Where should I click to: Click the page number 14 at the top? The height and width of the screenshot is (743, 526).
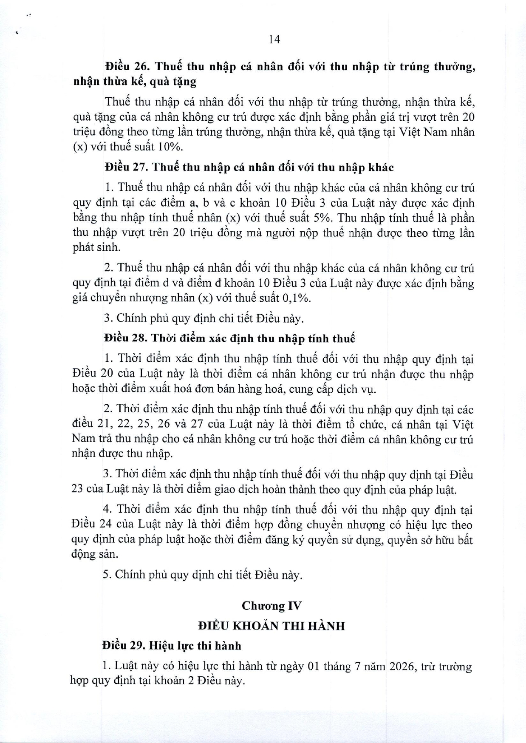point(274,40)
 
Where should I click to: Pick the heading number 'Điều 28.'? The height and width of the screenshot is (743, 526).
point(125,339)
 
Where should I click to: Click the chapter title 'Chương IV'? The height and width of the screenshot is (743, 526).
point(271,606)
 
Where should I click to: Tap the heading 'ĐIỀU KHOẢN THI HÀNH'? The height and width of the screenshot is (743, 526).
point(271,626)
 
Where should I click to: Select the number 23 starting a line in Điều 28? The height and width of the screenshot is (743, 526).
point(78,490)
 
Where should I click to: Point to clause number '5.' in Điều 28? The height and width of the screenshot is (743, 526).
point(107,575)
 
